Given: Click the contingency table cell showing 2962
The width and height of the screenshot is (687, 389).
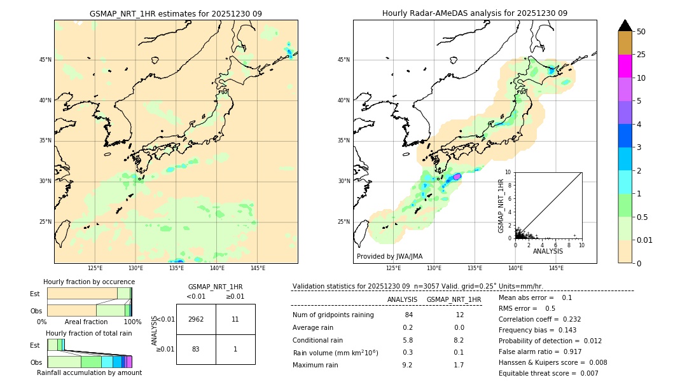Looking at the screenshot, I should point(196,319).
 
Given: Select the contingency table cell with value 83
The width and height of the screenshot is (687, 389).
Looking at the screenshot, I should point(196,349).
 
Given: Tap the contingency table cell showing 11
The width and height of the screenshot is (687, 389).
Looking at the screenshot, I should point(235,319).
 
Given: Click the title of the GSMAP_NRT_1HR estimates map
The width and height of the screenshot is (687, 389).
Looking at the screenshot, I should point(176,13).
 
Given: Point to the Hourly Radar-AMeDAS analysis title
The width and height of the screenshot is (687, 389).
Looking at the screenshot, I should point(475,13).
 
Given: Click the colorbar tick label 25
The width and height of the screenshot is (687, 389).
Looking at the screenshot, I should point(641,55).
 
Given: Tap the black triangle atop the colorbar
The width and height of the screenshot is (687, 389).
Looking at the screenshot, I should point(625,25).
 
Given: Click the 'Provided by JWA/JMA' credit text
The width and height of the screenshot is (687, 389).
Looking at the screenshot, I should point(389,256).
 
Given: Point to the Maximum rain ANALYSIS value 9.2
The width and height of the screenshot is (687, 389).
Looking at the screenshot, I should point(408,365).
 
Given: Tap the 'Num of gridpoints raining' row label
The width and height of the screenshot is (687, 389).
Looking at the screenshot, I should point(333,315).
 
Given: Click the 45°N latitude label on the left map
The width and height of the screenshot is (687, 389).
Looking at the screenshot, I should point(45,60).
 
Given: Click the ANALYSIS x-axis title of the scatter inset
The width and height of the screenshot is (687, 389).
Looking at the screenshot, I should point(548,251).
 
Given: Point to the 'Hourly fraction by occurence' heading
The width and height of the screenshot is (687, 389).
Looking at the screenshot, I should point(89,282).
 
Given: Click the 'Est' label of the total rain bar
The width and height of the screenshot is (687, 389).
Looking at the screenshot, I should point(35,345).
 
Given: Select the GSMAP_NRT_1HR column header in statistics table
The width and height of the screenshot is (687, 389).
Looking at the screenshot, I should point(454,299).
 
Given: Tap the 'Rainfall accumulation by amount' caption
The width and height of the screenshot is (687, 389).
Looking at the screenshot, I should point(89,372).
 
